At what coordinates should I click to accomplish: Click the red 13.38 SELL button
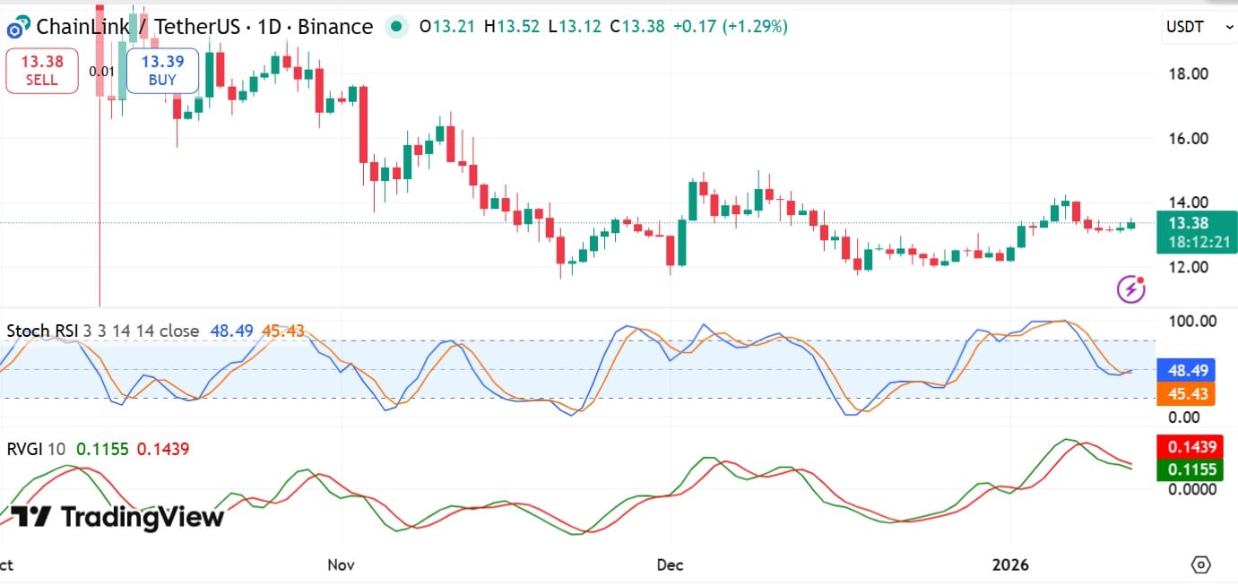41,71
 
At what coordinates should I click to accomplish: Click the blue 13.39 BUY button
162,71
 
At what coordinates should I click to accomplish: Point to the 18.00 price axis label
1187,73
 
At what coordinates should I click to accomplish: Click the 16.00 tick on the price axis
1187,138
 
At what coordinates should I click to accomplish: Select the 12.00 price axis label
1187,267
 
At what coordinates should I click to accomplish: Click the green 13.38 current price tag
1196,223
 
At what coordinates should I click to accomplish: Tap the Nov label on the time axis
342,565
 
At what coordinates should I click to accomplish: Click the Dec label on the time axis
671,565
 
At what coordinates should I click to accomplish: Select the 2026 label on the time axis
1011,565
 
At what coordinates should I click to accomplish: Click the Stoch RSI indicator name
41,331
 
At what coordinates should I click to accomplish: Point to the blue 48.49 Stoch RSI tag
1185,369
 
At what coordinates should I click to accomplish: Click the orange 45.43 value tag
1185,393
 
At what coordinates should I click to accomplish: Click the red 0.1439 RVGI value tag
1185,446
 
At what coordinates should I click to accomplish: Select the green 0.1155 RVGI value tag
1185,469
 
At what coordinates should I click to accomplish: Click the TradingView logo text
117,517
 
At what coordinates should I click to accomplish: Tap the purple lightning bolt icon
1131,288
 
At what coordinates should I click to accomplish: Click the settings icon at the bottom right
1201,565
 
